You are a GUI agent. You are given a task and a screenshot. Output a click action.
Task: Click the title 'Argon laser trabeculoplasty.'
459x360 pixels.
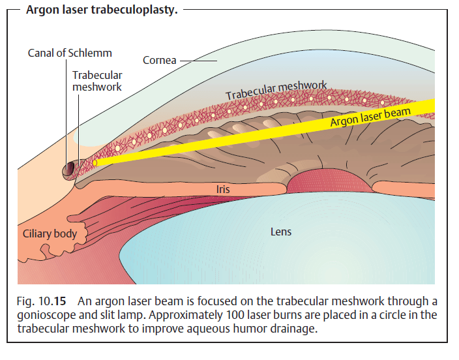click(101, 11)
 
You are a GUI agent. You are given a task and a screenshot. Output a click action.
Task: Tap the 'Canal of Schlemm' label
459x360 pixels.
click(70, 53)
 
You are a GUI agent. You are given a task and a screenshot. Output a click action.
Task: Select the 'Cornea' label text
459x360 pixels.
click(159, 61)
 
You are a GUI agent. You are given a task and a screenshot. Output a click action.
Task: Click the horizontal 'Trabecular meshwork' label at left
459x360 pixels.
click(97, 81)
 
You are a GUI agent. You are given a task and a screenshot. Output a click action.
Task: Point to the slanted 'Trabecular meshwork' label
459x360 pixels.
click(276, 91)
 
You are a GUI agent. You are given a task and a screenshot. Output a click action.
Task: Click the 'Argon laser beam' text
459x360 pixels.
click(370, 117)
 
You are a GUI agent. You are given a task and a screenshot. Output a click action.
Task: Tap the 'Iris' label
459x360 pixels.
click(222, 189)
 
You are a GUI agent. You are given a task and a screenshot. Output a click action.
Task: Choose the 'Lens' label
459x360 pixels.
click(281, 232)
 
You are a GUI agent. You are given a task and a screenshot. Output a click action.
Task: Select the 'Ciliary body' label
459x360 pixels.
click(50, 233)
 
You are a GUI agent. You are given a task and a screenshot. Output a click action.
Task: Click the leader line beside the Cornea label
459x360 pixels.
click(198, 61)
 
